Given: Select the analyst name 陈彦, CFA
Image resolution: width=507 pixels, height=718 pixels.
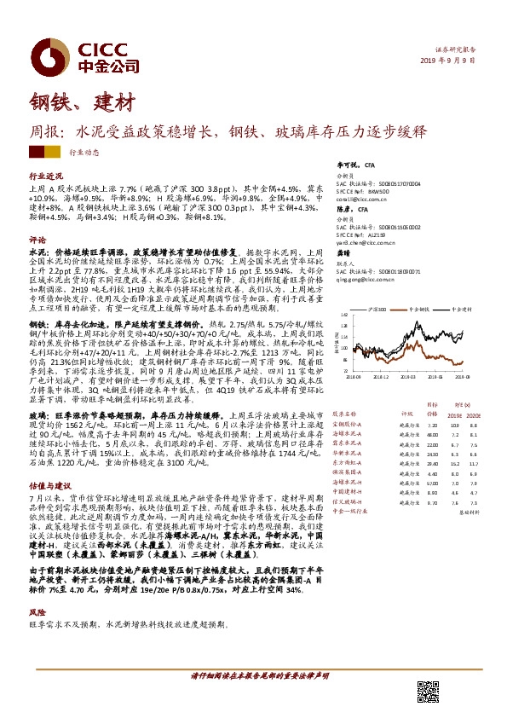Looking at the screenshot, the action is (x=352, y=209).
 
